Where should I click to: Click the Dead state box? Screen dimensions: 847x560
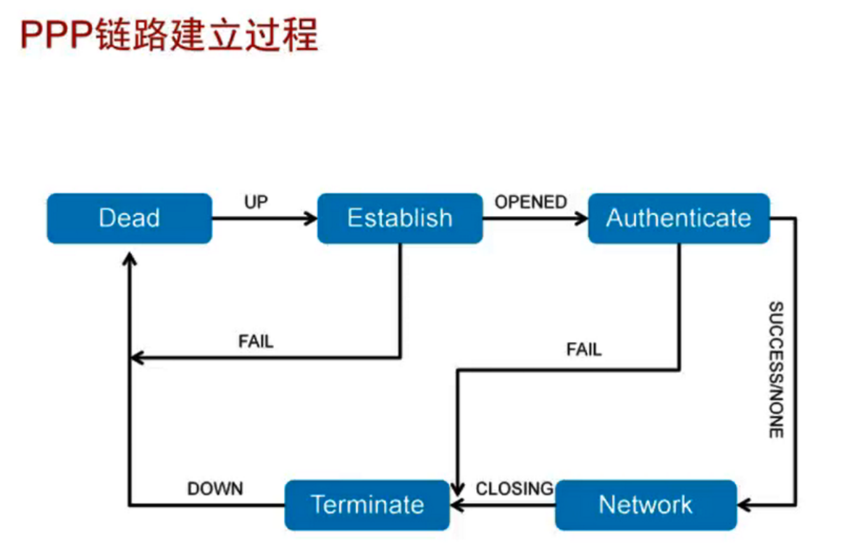[130, 218]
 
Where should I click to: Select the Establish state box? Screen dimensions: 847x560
[400, 218]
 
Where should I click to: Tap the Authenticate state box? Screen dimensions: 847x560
[679, 218]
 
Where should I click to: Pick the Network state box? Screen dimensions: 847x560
[646, 505]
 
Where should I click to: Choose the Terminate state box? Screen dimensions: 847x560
[367, 505]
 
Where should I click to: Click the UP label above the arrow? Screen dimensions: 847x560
[256, 202]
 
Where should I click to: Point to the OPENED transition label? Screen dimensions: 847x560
[530, 202]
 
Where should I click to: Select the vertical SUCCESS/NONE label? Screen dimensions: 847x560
[776, 370]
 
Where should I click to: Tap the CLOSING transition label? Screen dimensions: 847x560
[514, 489]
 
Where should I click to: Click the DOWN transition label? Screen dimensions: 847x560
[215, 489]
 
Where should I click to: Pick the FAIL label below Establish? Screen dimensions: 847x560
[256, 341]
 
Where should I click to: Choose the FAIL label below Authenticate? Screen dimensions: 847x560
[584, 349]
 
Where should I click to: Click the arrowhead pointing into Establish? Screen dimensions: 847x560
[311, 218]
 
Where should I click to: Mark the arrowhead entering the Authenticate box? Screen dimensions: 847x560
[582, 218]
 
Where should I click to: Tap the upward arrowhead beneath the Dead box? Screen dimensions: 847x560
[130, 259]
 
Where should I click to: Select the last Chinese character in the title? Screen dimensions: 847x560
[301, 35]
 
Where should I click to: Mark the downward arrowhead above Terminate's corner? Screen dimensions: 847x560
[457, 489]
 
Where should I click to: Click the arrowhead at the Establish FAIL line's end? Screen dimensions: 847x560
[137, 357]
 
